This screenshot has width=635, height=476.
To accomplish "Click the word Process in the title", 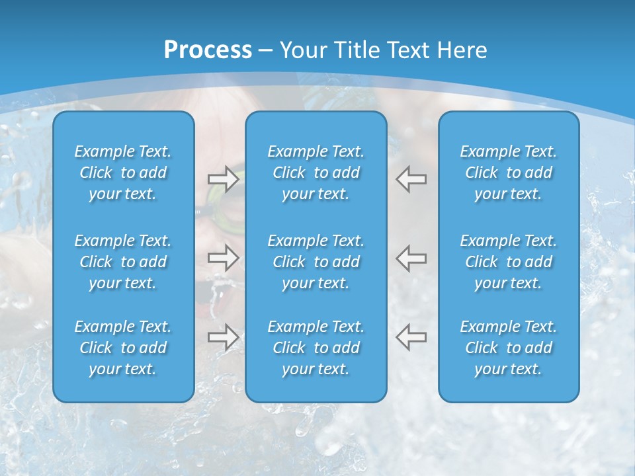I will coord(208,50).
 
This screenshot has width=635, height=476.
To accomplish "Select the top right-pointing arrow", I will coord(223,179).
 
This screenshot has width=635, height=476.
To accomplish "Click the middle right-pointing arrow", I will coord(223,258).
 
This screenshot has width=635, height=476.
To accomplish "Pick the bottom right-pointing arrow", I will coord(223,337).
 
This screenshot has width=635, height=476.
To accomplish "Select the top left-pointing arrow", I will coord(411,179).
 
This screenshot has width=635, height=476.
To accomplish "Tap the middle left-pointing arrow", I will coord(411,258).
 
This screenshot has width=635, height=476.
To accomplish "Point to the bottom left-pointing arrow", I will coord(411,337).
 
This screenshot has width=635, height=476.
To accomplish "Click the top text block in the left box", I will coord(123,173).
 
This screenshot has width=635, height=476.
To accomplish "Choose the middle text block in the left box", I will coord(123,262).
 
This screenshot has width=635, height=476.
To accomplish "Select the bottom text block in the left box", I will coord(123,348).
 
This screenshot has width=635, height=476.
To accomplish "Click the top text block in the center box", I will coord(316,173).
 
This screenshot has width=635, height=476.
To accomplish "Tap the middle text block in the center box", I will coord(316,262).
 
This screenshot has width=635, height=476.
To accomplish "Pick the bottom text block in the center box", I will coord(316,348).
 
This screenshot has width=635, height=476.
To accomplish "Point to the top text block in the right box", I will coord(509,173).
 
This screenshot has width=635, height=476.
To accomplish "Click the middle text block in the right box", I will coord(509,262).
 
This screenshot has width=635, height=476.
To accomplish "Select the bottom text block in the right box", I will coord(509,348).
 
